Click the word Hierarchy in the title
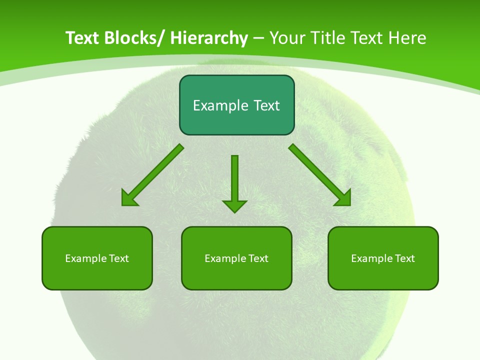[x=208, y=38]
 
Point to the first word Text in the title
[x=82, y=38]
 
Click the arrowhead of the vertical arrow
[x=234, y=206]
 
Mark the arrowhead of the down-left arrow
[x=128, y=199]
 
